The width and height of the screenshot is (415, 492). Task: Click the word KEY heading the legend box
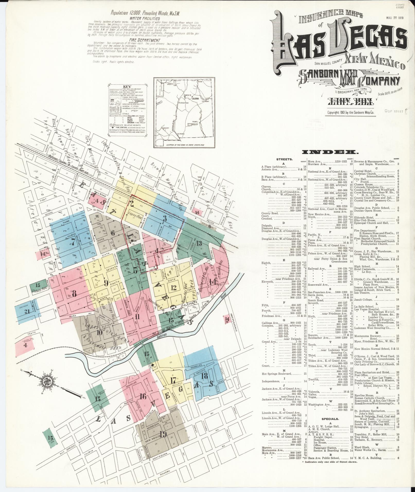pos(127,87)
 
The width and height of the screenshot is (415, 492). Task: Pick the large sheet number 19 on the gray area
pos(163,434)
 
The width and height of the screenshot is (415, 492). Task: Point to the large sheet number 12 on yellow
pos(174,288)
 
